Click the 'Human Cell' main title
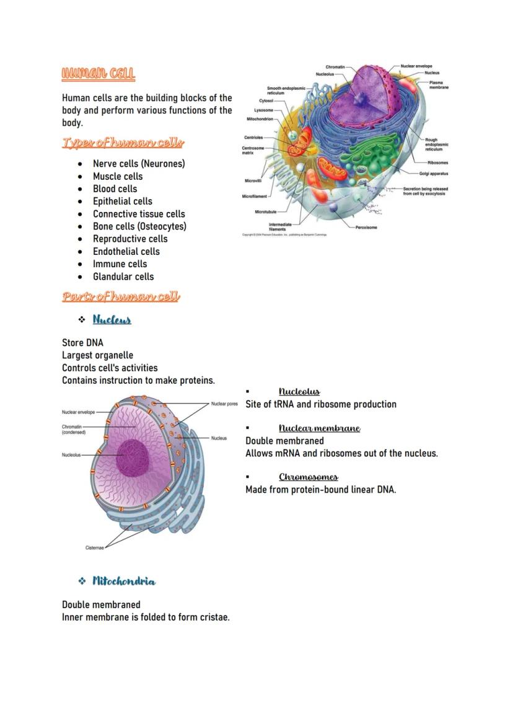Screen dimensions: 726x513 tap(98, 74)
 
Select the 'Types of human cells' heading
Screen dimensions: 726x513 tap(123, 143)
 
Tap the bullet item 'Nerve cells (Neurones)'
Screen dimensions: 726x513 tap(139, 164)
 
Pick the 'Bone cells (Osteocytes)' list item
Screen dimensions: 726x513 tap(139, 226)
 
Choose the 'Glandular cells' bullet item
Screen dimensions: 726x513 tap(123, 277)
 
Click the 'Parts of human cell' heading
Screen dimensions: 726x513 tap(121, 296)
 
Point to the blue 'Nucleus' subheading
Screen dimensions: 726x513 tap(112, 320)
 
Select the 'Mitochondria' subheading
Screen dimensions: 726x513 tap(124, 581)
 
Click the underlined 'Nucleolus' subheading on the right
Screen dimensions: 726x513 tap(299, 391)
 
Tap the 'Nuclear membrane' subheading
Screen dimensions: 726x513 tap(319, 428)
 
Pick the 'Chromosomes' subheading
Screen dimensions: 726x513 tap(308, 477)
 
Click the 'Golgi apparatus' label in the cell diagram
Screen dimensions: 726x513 tap(434, 174)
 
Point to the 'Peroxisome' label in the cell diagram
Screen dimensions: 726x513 tap(366, 228)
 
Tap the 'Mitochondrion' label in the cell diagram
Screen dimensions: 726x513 tap(260, 119)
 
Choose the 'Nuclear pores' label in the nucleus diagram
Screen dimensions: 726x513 tap(224, 404)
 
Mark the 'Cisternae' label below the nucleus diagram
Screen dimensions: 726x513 tap(94, 548)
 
